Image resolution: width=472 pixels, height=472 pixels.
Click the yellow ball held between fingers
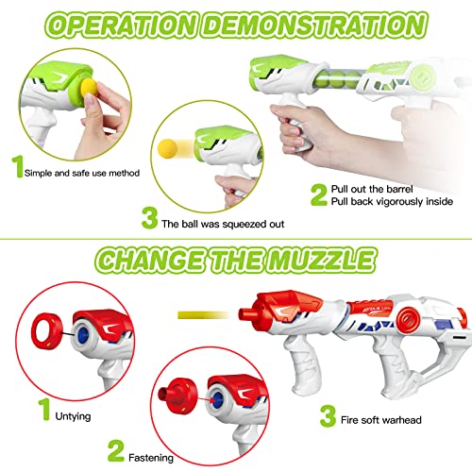tap(89, 87)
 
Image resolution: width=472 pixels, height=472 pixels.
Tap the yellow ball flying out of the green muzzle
tap(167, 147)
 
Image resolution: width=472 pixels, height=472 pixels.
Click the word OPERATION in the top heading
tap(122, 25)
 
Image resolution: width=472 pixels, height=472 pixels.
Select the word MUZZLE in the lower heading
tap(323, 261)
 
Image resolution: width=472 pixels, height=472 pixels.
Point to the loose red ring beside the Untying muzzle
tap(47, 330)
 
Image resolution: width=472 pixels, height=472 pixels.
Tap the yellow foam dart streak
tap(204, 314)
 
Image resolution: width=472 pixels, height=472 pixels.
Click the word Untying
tap(73, 416)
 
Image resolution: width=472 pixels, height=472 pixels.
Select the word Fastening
tap(151, 458)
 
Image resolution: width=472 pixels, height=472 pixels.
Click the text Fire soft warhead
tap(381, 420)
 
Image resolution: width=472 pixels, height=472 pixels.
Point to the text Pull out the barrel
tap(372, 189)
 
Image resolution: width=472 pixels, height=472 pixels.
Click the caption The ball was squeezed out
tap(223, 224)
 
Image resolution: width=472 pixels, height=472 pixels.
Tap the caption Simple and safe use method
tap(82, 173)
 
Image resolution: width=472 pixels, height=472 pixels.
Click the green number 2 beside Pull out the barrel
tap(319, 194)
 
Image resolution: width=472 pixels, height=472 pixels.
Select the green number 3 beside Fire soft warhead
tap(329, 415)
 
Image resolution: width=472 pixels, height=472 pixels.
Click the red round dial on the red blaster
tap(409, 320)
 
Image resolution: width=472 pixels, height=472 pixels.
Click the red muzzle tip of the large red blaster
tap(245, 313)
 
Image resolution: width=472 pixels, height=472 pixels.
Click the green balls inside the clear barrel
tap(339, 80)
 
